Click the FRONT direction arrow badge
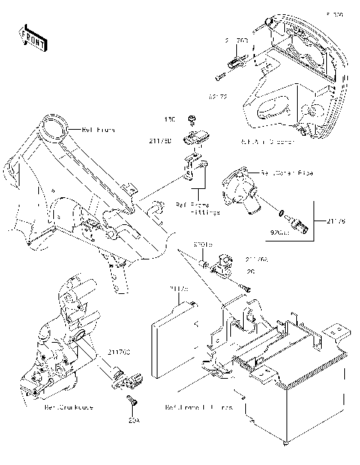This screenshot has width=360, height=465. [33, 38]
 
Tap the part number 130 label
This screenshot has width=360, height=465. [170, 119]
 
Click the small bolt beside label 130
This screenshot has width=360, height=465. [193, 120]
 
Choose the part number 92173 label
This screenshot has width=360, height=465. [218, 96]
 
